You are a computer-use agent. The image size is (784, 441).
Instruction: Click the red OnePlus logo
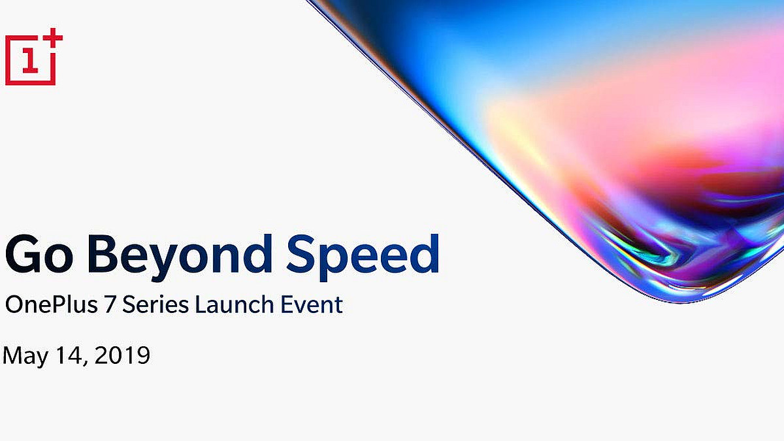point(33,57)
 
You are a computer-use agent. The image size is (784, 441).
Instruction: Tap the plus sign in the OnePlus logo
point(54,38)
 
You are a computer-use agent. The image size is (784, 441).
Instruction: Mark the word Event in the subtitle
point(308,304)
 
